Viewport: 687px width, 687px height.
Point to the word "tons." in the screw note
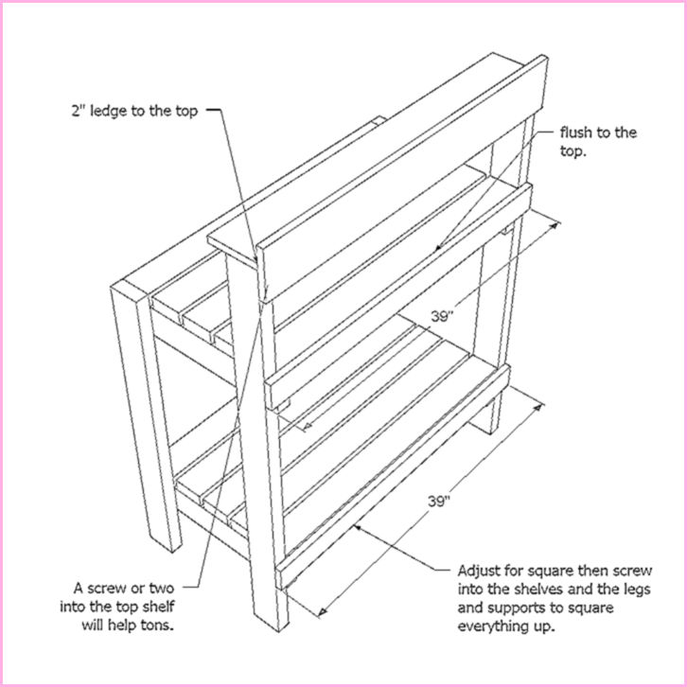179,625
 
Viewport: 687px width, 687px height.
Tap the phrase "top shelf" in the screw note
168,607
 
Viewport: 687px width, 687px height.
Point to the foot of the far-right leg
489,428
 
